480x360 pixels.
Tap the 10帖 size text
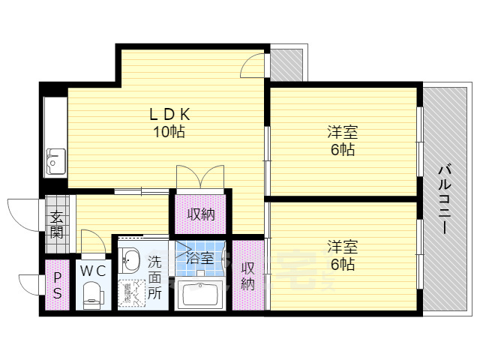pos(169,132)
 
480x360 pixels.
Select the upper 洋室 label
pos(342,133)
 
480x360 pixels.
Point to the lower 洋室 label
pos(342,246)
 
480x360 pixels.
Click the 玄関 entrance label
pos(57,224)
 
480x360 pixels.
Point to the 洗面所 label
pos(154,278)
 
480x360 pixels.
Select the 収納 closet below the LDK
pos(201,214)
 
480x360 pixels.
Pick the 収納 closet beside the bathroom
pos(248,275)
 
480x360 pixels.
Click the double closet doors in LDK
pos(199,177)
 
